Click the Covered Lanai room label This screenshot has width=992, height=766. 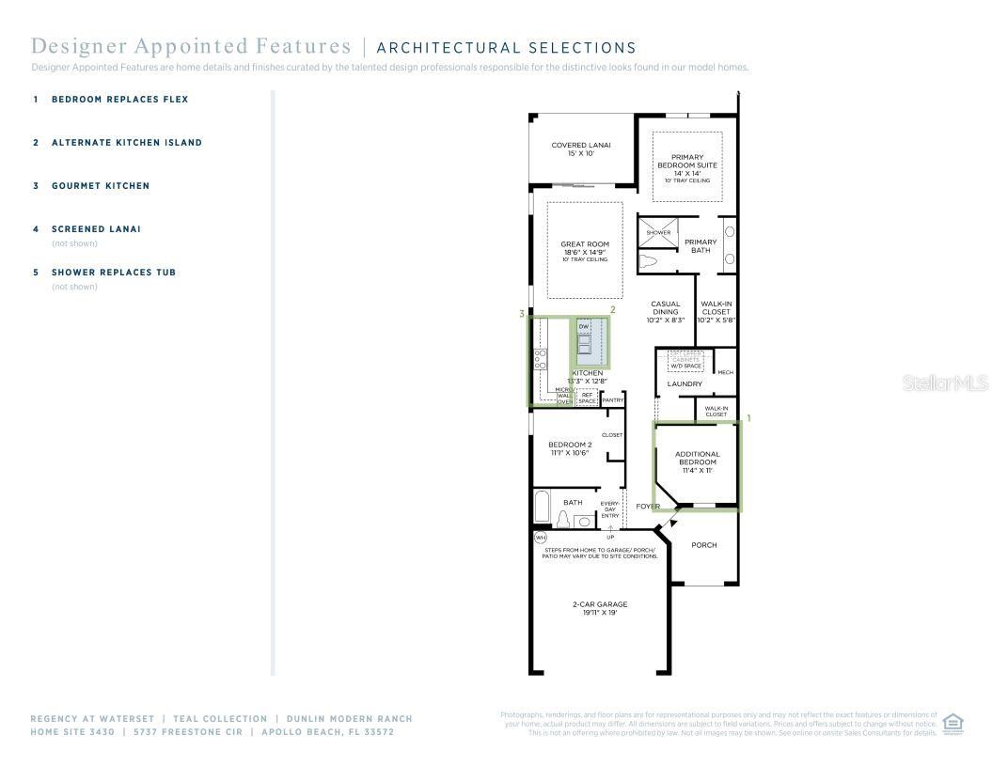pos(581,149)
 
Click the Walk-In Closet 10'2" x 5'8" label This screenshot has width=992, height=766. pos(716,312)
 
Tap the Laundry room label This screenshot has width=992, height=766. pos(685,383)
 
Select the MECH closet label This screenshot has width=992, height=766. pos(725,372)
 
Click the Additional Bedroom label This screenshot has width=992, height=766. pos(697,461)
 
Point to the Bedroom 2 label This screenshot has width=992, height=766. pos(570,448)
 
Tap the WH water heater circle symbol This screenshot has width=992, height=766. pos(540,539)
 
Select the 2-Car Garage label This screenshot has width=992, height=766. pos(599,608)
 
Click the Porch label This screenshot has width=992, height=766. pos(703,545)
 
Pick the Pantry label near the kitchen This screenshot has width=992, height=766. pos(612,400)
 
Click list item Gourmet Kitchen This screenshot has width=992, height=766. pos(100,186)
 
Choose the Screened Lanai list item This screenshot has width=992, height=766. pos(96,229)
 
